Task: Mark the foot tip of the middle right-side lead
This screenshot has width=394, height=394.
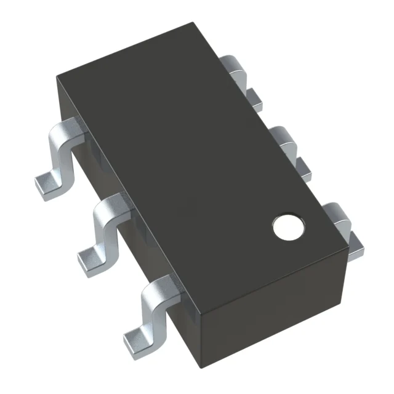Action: (304, 166)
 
